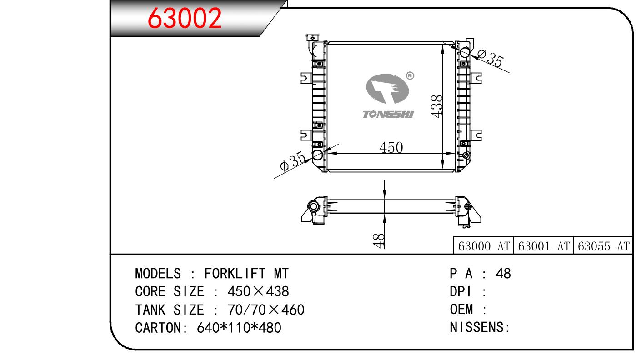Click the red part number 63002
185,19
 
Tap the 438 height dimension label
436,106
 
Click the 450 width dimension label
391,147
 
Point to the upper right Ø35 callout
491,59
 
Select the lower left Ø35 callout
293,161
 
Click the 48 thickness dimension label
379,241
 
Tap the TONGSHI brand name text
388,115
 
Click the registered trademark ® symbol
410,75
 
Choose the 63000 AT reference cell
484,246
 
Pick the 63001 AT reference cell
543,246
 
